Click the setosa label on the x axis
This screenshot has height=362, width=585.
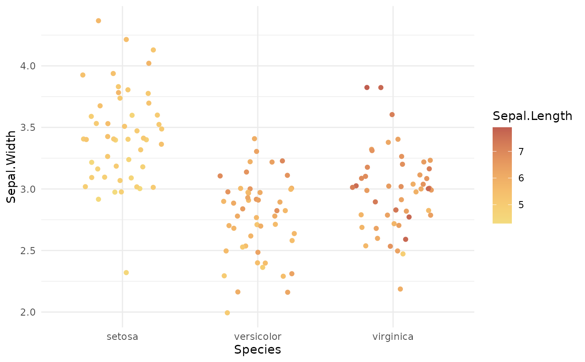122,337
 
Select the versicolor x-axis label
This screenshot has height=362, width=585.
257,337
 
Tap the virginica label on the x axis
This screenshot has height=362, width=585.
393,337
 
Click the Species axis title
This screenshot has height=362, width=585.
257,349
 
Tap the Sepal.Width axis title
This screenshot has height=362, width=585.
11,166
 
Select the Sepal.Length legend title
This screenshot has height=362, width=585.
532,116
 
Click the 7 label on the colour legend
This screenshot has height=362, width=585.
521,151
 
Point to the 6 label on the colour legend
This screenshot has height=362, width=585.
521,178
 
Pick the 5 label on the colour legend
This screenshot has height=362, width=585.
521,205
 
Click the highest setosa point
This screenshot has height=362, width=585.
99,21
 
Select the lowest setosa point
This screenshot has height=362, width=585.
126,273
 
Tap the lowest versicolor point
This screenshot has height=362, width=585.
227,313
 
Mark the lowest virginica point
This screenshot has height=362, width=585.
400,289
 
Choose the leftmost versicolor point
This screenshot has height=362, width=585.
220,176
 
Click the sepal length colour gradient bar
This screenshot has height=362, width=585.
502,176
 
